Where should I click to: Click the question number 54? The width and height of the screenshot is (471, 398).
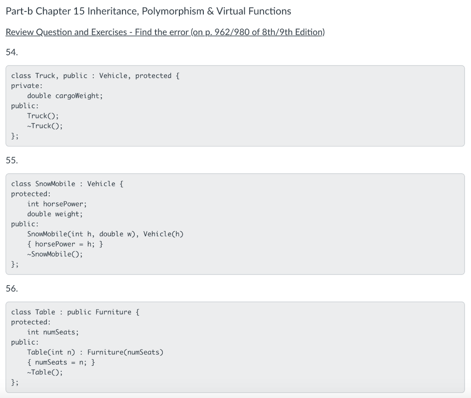(12, 52)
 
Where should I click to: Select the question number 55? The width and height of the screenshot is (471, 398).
(12, 160)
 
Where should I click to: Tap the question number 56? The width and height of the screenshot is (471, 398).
(12, 289)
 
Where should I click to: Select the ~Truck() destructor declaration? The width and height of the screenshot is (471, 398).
(45, 126)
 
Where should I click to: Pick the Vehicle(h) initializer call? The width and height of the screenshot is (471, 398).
(163, 234)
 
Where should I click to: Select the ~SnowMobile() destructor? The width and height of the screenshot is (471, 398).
(55, 254)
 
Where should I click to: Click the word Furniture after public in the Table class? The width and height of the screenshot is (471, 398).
(113, 312)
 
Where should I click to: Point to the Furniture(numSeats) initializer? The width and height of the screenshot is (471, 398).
(125, 352)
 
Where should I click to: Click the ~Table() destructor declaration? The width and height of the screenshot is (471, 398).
(45, 372)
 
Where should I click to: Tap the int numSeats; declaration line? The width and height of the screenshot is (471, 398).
(53, 332)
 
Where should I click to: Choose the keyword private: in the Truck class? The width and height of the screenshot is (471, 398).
(27, 86)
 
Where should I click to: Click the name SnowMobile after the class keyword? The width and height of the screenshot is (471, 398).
(55, 184)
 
